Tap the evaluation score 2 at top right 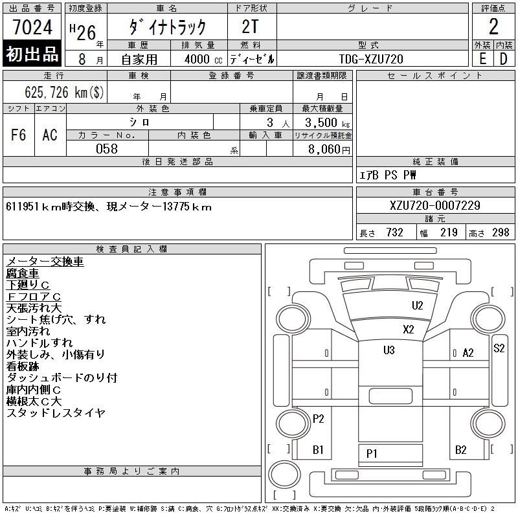[493, 27]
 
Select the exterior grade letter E [482, 58]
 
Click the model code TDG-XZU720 [371, 59]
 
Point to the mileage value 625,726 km [64, 92]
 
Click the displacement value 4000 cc [197, 59]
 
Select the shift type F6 [19, 135]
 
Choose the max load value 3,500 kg [322, 122]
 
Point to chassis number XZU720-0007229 [435, 205]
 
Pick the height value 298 [501, 232]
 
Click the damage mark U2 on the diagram [417, 306]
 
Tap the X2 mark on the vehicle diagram [408, 329]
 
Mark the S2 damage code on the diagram [499, 348]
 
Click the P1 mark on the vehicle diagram [372, 453]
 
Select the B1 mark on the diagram [318, 449]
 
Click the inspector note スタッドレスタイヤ [56, 412]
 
